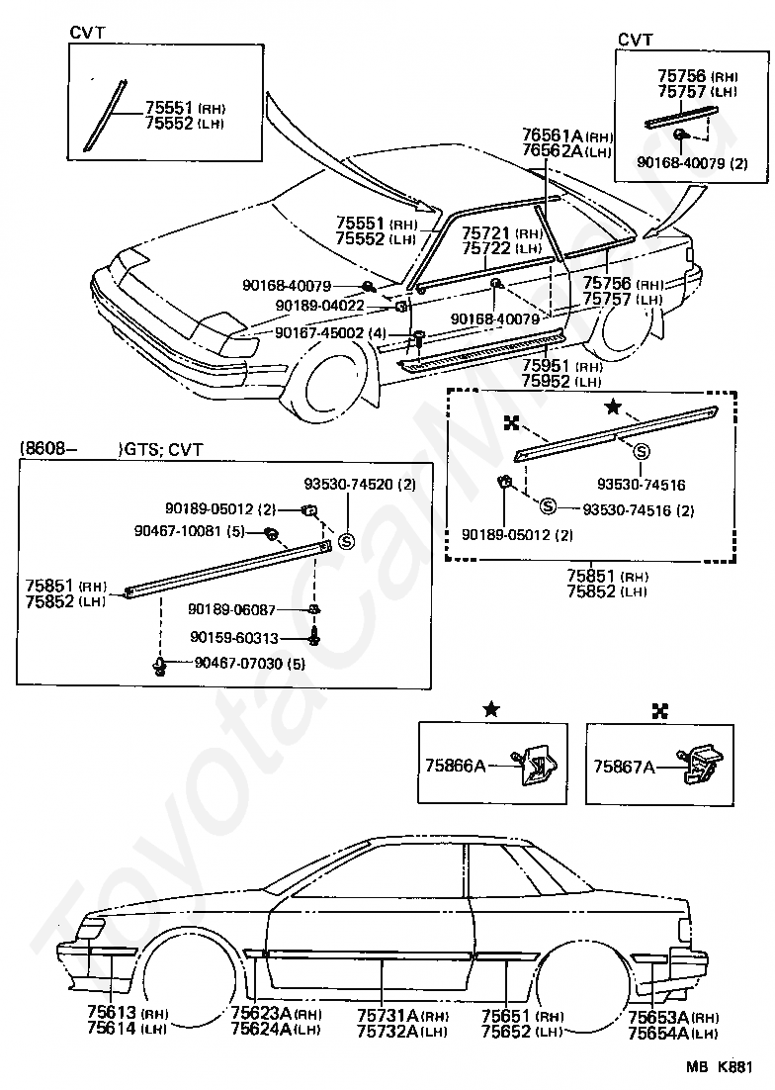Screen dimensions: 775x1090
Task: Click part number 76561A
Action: coord(554,136)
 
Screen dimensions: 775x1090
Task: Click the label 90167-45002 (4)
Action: coord(330,333)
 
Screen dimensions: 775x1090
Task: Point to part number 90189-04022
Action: coord(319,306)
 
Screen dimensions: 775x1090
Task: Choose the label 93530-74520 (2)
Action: coord(360,484)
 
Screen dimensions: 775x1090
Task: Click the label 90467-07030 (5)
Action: coord(249,663)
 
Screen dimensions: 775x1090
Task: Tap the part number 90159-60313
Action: coord(233,637)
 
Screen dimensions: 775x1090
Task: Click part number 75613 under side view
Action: coord(113,1014)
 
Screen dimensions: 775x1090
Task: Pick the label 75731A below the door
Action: coord(387,1016)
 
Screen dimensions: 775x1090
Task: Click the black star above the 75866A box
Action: coord(491,709)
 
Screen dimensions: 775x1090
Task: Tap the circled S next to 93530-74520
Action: coord(346,539)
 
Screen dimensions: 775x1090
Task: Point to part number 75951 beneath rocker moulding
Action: coord(546,366)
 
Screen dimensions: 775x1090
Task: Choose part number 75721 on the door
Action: coord(486,233)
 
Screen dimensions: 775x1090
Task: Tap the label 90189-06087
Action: coord(232,609)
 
